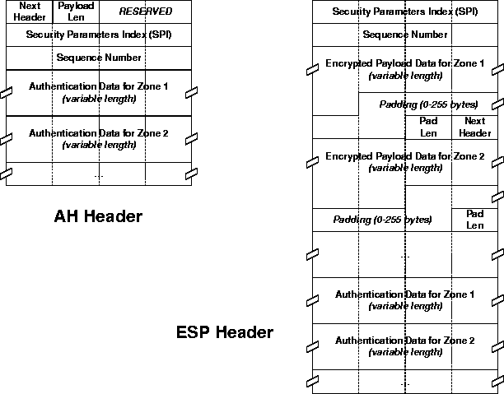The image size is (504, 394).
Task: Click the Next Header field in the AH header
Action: tap(29, 12)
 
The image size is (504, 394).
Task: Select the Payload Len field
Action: tap(76, 12)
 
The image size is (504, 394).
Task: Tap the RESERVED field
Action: tap(146, 12)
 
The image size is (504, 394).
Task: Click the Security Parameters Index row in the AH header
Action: tap(99, 35)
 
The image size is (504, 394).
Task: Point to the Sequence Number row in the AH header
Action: tap(99, 58)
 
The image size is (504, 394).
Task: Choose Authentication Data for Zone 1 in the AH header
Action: tap(99, 92)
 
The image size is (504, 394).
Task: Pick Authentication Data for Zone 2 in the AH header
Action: tap(99, 138)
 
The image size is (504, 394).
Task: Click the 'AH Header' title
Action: tap(98, 217)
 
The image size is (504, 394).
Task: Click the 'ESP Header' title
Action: tap(225, 333)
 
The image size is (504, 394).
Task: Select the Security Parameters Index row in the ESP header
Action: tap(405, 12)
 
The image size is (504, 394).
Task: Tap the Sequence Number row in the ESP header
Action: tap(405, 35)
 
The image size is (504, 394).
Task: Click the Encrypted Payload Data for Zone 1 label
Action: tap(405, 69)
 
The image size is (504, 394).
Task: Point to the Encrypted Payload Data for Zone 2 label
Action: tap(405, 161)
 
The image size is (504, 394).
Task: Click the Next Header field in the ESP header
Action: tap(474, 127)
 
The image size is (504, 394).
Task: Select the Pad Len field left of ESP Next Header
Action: tap(428, 127)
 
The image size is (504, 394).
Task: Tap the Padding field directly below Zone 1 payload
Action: tap(428, 104)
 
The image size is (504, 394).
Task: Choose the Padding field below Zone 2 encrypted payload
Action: tap(382, 220)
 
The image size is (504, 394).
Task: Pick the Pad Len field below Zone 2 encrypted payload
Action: tap(475, 220)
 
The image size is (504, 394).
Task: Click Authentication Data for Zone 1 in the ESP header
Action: tap(405, 299)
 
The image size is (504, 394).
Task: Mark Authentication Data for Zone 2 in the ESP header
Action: tap(405, 345)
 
